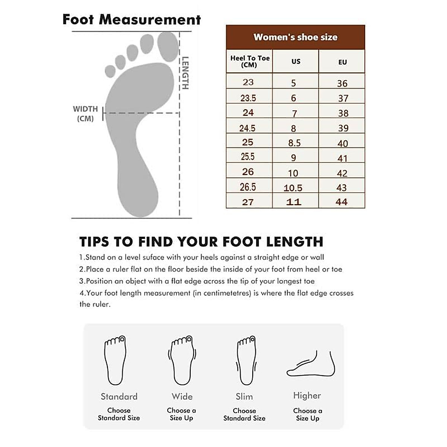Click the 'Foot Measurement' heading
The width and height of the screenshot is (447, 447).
[x=131, y=19]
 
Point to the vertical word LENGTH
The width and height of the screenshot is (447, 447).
[x=185, y=73]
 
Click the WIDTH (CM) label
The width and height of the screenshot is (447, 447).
[x=85, y=114]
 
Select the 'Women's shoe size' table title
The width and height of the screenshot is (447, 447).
[x=295, y=37]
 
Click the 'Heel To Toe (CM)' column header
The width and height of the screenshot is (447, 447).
[x=250, y=61]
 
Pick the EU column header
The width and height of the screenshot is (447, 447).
[x=342, y=62]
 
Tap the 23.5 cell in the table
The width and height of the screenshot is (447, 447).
[x=248, y=98]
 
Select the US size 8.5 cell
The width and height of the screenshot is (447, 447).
[x=294, y=143]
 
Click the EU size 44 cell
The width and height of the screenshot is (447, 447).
[x=342, y=202]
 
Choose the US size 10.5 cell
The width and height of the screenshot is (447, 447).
[x=293, y=188]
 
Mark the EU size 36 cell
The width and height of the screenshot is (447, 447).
[x=342, y=83]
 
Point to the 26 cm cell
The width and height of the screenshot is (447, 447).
[x=248, y=172]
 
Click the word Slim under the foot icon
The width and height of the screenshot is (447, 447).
[x=244, y=397]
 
